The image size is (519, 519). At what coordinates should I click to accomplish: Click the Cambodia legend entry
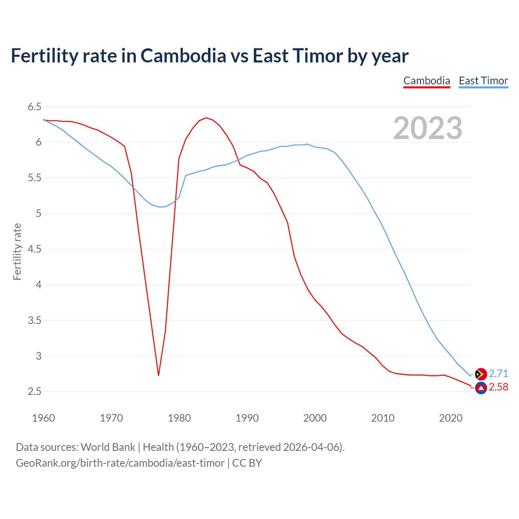tap(427, 81)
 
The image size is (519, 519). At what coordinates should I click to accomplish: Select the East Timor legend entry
tap(483, 81)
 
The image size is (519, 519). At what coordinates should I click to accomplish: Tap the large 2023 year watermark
tap(428, 128)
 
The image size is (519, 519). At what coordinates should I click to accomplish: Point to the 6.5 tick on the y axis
tap(34, 107)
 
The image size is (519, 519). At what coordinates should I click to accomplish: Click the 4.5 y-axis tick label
tap(34, 249)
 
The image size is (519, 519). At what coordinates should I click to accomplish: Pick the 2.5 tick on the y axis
tap(34, 392)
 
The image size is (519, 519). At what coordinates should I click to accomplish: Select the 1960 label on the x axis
tap(43, 418)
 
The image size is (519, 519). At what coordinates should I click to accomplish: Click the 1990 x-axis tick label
tap(247, 418)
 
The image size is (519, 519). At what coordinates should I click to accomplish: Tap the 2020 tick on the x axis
tap(450, 418)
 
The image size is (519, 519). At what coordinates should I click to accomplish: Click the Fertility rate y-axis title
tap(17, 251)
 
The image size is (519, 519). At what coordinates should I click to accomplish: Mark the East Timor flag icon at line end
tap(480, 374)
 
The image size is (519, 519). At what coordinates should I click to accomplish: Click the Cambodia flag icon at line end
tap(480, 388)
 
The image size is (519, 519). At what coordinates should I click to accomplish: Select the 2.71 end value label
tap(498, 373)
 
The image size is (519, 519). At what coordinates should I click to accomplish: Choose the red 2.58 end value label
tap(498, 387)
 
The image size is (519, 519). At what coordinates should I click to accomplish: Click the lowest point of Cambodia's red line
tap(159, 375)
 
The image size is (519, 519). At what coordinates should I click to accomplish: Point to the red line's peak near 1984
tap(206, 118)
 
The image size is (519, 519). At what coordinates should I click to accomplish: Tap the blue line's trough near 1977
tap(161, 207)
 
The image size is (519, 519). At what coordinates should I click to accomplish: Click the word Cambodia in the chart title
tap(183, 56)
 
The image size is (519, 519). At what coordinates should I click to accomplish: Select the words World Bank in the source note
tap(108, 447)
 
